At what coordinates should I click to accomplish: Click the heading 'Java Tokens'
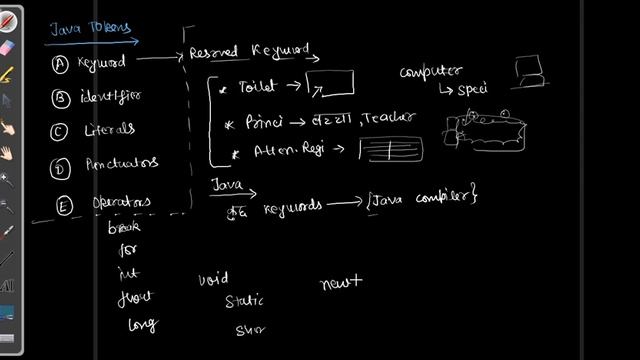tap(76, 31)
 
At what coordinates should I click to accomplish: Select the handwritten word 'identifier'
tap(105, 97)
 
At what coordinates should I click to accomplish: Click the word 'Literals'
tap(109, 130)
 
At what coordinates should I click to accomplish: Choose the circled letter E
tap(63, 206)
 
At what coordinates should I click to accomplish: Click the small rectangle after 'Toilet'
tap(329, 85)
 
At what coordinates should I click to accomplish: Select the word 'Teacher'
tap(391, 119)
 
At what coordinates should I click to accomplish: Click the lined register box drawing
tap(391, 151)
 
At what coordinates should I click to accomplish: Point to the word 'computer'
tap(430, 72)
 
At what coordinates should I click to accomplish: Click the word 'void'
tap(214, 279)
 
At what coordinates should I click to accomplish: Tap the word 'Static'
tap(244, 300)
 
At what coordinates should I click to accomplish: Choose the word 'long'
tap(142, 324)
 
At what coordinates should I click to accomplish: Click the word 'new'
tap(339, 284)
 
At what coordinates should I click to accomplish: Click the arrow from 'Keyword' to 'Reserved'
tap(157, 59)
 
